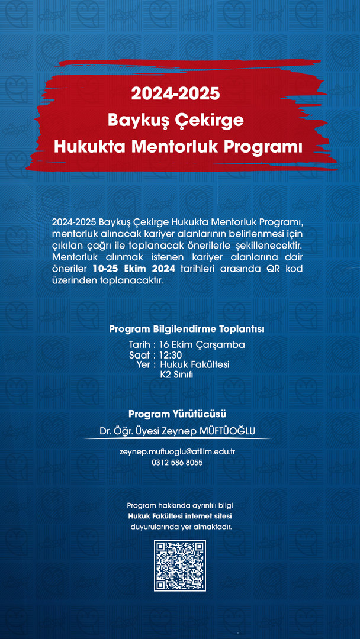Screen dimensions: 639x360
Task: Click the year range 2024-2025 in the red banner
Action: pos(175,94)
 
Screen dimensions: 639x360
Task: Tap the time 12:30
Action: pos(171,355)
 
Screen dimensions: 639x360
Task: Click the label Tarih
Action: pos(140,344)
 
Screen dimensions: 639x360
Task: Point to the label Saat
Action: pos(139,355)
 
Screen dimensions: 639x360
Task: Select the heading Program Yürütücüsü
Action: pos(178,414)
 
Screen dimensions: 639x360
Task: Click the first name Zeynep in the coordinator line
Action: pos(168,431)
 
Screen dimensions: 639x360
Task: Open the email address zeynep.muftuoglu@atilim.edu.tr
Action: pos(178,451)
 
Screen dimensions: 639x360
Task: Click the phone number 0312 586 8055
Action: pos(178,463)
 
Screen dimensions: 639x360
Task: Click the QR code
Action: pos(180,565)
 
